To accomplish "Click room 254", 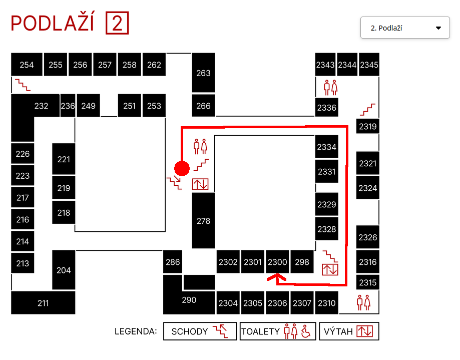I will [27, 65].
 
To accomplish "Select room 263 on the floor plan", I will [203, 73].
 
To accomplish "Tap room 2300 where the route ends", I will [277, 261].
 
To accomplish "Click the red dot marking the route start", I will [181, 169].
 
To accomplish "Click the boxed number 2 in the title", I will [117, 24].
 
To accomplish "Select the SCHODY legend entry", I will [200, 331].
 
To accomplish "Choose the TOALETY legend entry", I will [278, 331].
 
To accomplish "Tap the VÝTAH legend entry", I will [349, 331].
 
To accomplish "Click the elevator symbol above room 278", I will [200, 184].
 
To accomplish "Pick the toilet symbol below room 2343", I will [330, 87].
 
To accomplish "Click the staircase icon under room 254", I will [23, 85].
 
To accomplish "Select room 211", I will [43, 302].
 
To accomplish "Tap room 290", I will [189, 300].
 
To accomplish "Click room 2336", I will [326, 107].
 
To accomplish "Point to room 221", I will [64, 159].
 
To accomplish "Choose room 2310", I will [326, 302].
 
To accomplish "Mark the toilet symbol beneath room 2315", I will [363, 302].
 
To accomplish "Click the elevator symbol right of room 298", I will [330, 269].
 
